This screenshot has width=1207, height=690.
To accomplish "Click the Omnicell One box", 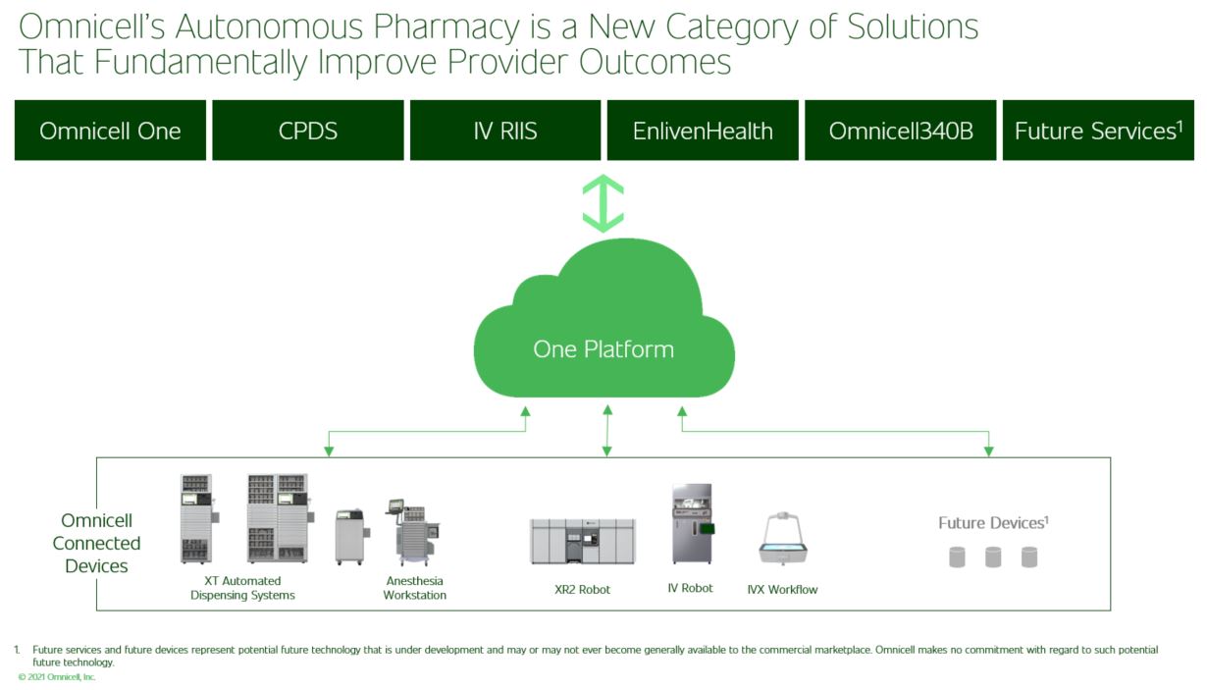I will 110,131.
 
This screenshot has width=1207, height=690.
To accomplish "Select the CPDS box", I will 308,131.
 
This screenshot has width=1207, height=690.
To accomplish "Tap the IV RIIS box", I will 505,131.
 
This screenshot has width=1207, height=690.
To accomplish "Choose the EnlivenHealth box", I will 703,131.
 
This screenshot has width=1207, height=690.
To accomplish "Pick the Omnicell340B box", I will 901,131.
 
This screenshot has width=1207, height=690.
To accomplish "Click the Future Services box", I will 1098,131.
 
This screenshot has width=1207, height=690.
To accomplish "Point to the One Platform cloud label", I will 603,348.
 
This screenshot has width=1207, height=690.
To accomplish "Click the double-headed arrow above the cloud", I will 603,203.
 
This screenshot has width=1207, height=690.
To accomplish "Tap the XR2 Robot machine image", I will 583,541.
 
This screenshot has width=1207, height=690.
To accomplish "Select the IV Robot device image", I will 692,523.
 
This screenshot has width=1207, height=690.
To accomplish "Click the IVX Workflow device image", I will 782,539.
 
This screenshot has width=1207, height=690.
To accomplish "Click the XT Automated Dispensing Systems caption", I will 242,588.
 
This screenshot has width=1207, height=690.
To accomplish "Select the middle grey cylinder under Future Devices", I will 993,557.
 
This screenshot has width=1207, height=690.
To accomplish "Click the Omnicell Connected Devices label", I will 96,543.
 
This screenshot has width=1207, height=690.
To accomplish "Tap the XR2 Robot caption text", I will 582,590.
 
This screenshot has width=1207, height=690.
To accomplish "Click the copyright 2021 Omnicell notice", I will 57,677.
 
